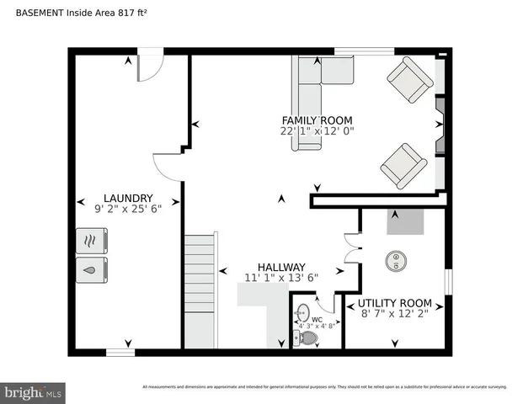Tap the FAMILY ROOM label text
317,120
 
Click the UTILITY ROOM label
394,303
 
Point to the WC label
317,320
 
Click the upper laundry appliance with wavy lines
92,242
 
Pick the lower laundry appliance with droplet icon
92,270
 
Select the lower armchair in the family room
403,165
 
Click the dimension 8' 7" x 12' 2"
394,314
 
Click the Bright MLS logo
34,392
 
